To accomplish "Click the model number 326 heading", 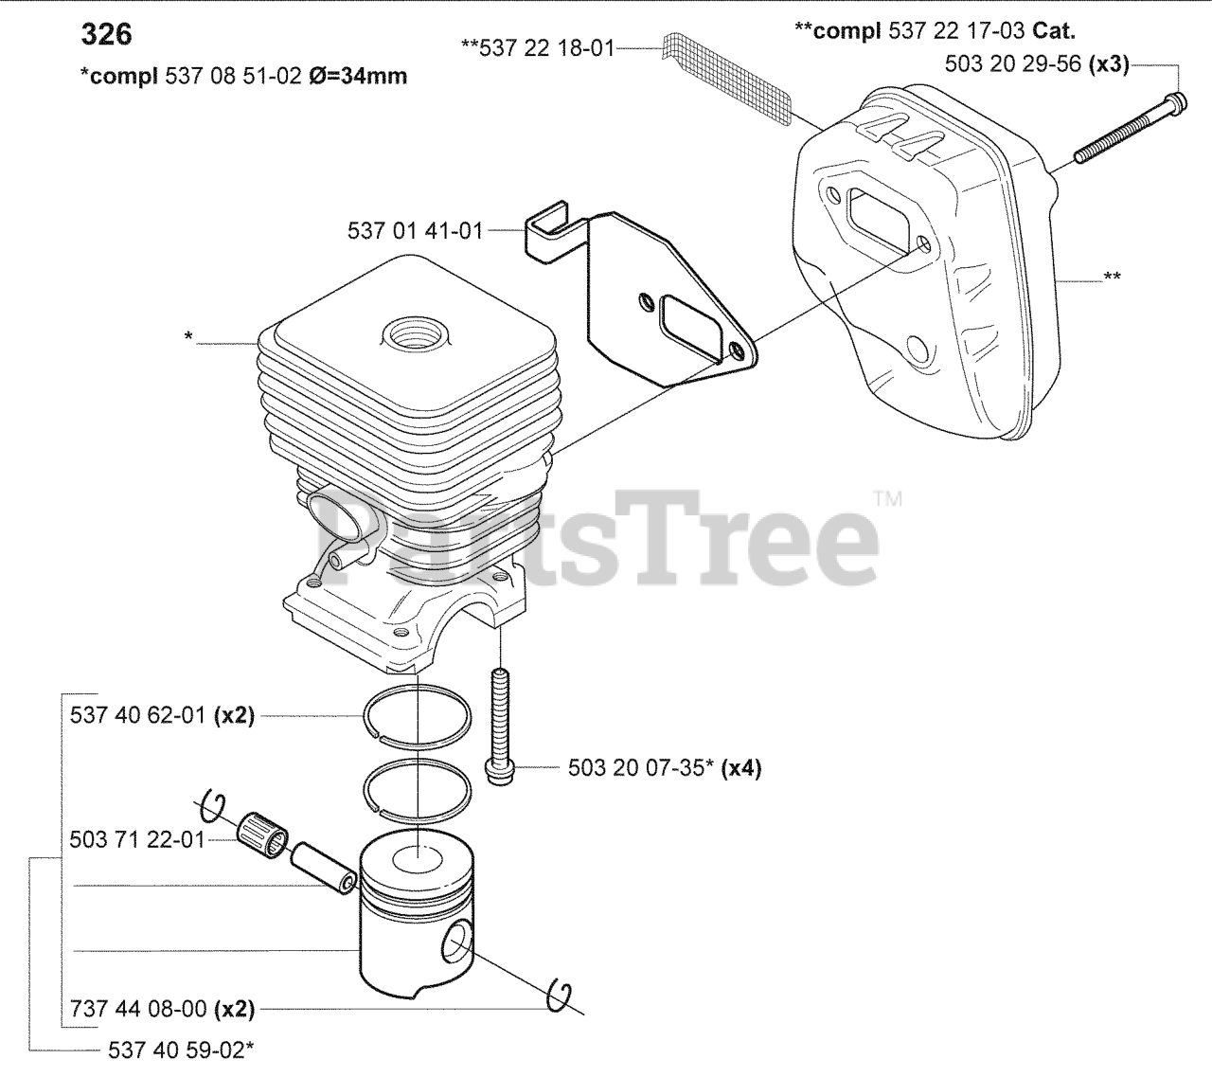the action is [106, 35].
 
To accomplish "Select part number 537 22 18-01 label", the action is [538, 48].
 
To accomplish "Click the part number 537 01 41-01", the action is [415, 230].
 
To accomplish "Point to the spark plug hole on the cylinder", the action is [414, 335].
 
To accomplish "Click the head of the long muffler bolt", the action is [1177, 103].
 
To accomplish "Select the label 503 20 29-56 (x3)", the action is [1037, 64].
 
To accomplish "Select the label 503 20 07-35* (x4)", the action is [665, 768].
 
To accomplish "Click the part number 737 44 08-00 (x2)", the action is [163, 1010].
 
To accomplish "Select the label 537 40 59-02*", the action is [181, 1050].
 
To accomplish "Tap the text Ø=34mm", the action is [358, 77].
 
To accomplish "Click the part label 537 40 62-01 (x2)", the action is [162, 715].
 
